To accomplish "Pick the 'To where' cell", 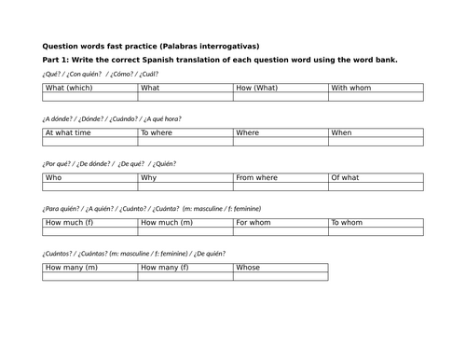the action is coord(185,133).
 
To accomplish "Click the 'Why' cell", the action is coord(185,177).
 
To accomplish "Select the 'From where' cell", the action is coord(281,177).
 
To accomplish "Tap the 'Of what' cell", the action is coord(376,177).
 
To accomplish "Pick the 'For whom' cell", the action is coord(281,223).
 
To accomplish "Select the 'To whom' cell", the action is coord(376,223).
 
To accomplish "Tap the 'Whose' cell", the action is coord(281,268).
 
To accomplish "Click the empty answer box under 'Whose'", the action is coord(281,276).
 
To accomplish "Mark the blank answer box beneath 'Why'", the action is coord(185,187).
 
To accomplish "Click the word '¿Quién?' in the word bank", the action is coord(163,163).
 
